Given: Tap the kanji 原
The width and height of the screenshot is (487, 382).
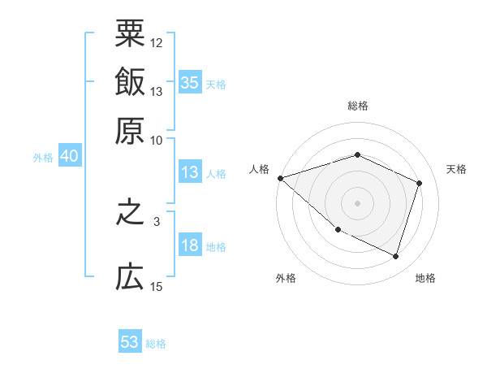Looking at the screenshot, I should tap(130, 130).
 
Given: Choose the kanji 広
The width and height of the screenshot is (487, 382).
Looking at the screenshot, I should tap(130, 279).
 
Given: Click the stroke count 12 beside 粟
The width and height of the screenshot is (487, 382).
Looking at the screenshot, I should tap(157, 42).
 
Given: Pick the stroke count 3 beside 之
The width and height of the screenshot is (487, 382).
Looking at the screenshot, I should tap(157, 220).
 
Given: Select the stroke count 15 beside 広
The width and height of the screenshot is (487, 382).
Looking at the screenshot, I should tap(157, 286).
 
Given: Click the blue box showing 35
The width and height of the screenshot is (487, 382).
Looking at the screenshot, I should tap(190, 82).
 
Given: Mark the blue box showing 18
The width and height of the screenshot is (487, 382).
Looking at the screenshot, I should tap(190, 246).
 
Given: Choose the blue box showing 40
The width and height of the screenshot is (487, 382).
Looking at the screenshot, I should tap(69, 157).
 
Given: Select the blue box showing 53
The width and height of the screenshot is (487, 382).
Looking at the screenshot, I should tap(130, 342).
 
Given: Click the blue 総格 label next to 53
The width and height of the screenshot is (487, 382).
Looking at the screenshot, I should tap(156, 344).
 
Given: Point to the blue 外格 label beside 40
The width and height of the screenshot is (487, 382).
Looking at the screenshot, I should tap(42, 158).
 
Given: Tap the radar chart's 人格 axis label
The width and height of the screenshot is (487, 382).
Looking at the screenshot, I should tap(260, 169).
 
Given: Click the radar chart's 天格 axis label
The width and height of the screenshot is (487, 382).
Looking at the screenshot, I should tap(456, 169).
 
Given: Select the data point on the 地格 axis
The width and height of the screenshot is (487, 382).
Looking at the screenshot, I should tap(396, 257).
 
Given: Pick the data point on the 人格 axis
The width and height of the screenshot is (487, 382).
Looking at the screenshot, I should tap(280, 178).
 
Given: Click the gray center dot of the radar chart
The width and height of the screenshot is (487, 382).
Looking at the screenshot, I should tap(357, 202).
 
